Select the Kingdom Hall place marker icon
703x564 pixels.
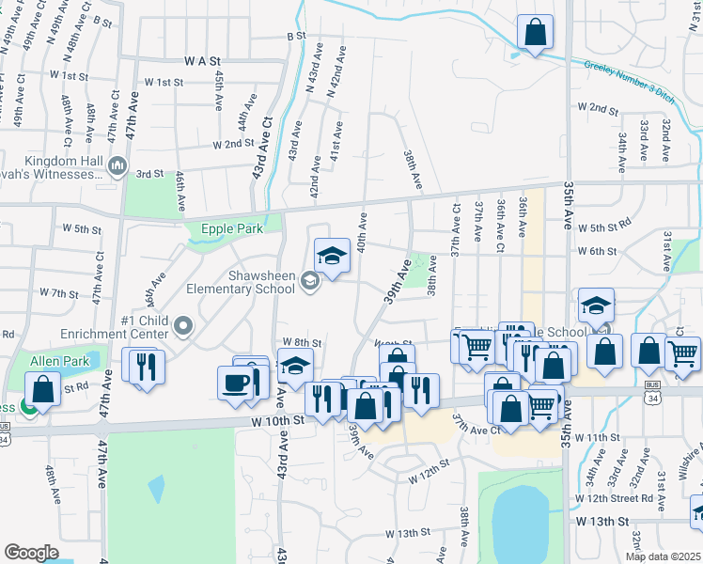(118, 167)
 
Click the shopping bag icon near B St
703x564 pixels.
(535, 32)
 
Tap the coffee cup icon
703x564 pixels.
(234, 383)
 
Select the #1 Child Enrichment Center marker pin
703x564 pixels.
(183, 326)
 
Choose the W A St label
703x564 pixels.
(195, 59)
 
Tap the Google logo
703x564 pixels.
(31, 553)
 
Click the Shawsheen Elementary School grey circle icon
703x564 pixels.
(308, 280)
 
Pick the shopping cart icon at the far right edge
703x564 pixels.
(683, 352)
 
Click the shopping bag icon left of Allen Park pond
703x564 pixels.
(42, 388)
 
